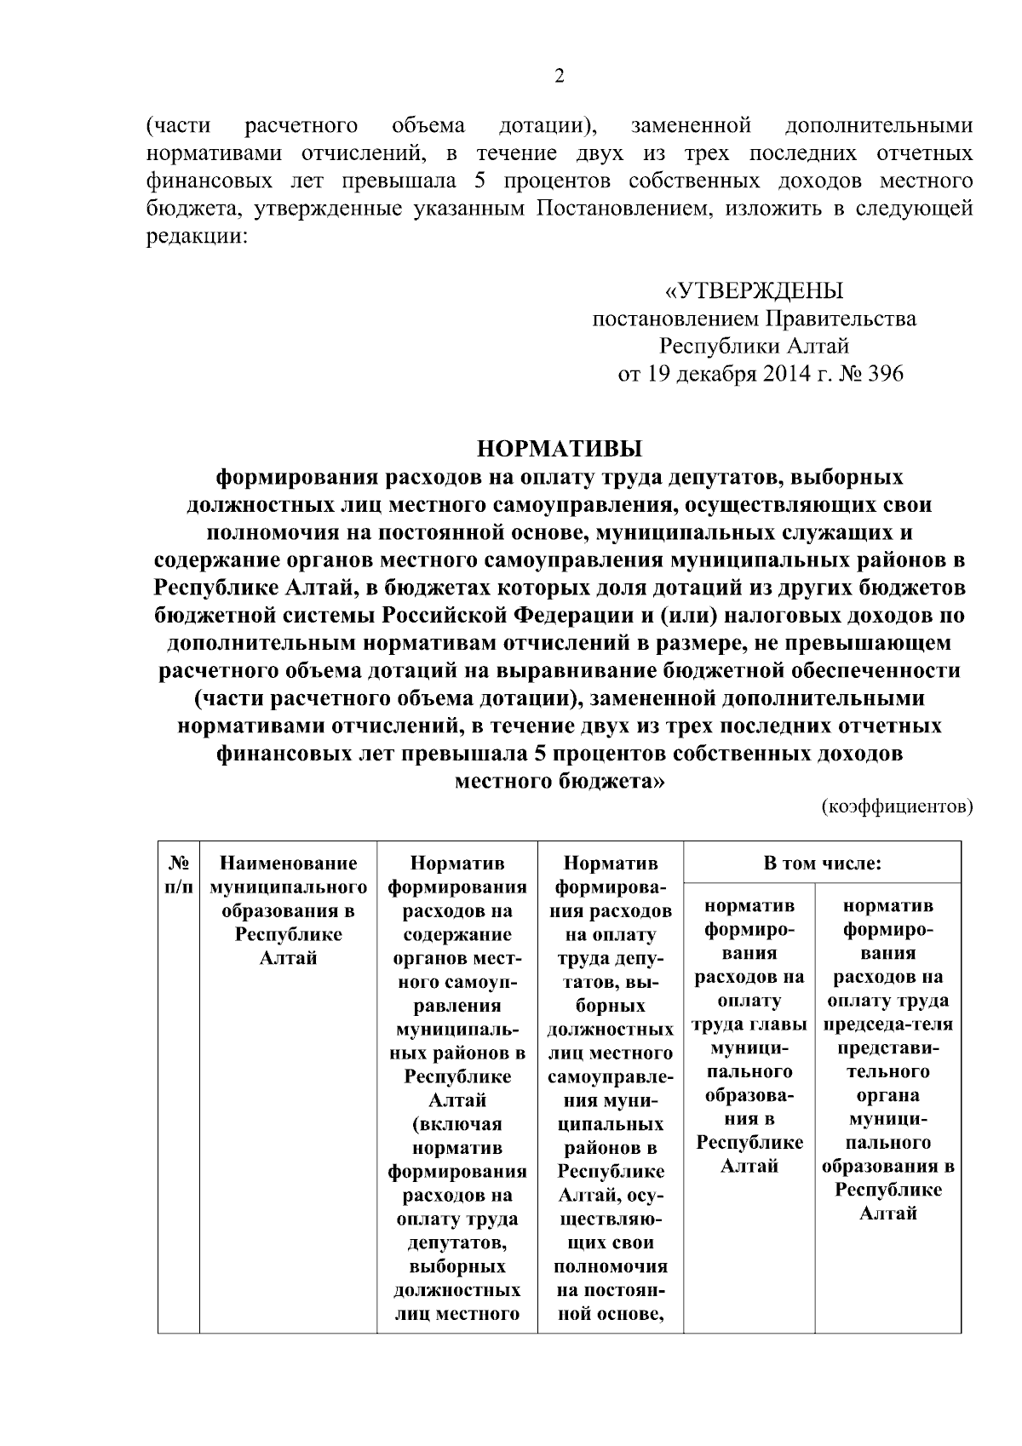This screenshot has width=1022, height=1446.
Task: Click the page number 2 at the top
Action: (560, 77)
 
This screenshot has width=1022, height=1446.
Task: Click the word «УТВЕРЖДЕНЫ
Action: (754, 291)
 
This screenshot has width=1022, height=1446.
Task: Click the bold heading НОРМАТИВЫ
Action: (560, 448)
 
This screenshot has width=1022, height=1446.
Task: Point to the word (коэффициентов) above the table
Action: (897, 806)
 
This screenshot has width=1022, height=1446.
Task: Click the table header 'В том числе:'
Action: (822, 864)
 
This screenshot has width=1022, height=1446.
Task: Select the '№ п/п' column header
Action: (178, 875)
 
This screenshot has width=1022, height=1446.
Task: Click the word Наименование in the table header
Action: (288, 864)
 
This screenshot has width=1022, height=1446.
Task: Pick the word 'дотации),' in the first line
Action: (547, 127)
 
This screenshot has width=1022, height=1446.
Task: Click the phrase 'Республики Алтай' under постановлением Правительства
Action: (754, 347)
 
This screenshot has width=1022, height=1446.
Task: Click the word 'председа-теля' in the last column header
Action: (887, 1024)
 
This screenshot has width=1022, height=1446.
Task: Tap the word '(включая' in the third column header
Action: (457, 1124)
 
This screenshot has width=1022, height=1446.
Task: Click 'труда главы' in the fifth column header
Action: (749, 1024)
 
